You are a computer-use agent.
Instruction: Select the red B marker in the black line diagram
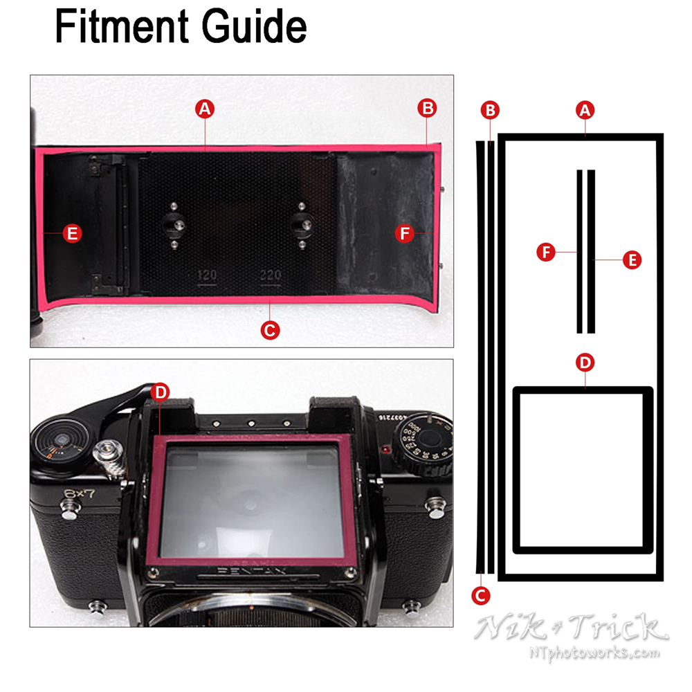pyautogui.click(x=491, y=109)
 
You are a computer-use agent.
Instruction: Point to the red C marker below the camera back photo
pyautogui.click(x=270, y=331)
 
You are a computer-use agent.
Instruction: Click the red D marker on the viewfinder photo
pyautogui.click(x=160, y=392)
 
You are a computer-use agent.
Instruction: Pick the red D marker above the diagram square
pyautogui.click(x=585, y=362)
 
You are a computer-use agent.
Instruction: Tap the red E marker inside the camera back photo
pyautogui.click(x=71, y=233)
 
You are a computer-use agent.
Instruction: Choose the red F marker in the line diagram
pyautogui.click(x=547, y=253)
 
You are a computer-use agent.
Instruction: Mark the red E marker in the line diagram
pyautogui.click(x=631, y=259)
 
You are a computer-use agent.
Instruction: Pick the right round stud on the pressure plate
pyautogui.click(x=302, y=224)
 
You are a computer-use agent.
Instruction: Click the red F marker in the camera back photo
pyautogui.click(x=406, y=234)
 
